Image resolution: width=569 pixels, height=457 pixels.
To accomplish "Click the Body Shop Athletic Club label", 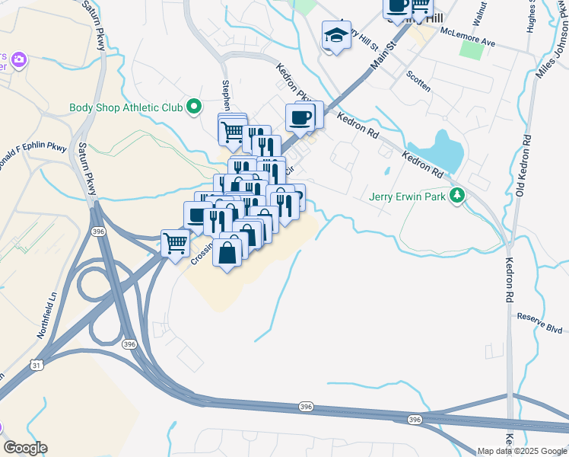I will (x=126, y=107).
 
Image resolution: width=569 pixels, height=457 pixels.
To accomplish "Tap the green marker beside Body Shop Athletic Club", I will (x=193, y=107).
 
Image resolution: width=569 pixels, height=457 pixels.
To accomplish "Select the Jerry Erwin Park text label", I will (x=407, y=196).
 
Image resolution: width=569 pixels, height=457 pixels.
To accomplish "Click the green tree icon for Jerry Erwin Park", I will (x=456, y=196).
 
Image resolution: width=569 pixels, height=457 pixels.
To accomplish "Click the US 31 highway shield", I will (x=36, y=366).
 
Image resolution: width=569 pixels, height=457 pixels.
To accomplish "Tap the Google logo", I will (x=25, y=448).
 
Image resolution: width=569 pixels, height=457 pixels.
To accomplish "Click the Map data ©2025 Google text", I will (x=522, y=451).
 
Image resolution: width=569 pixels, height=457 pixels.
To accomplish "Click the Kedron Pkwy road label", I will (x=294, y=85).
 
